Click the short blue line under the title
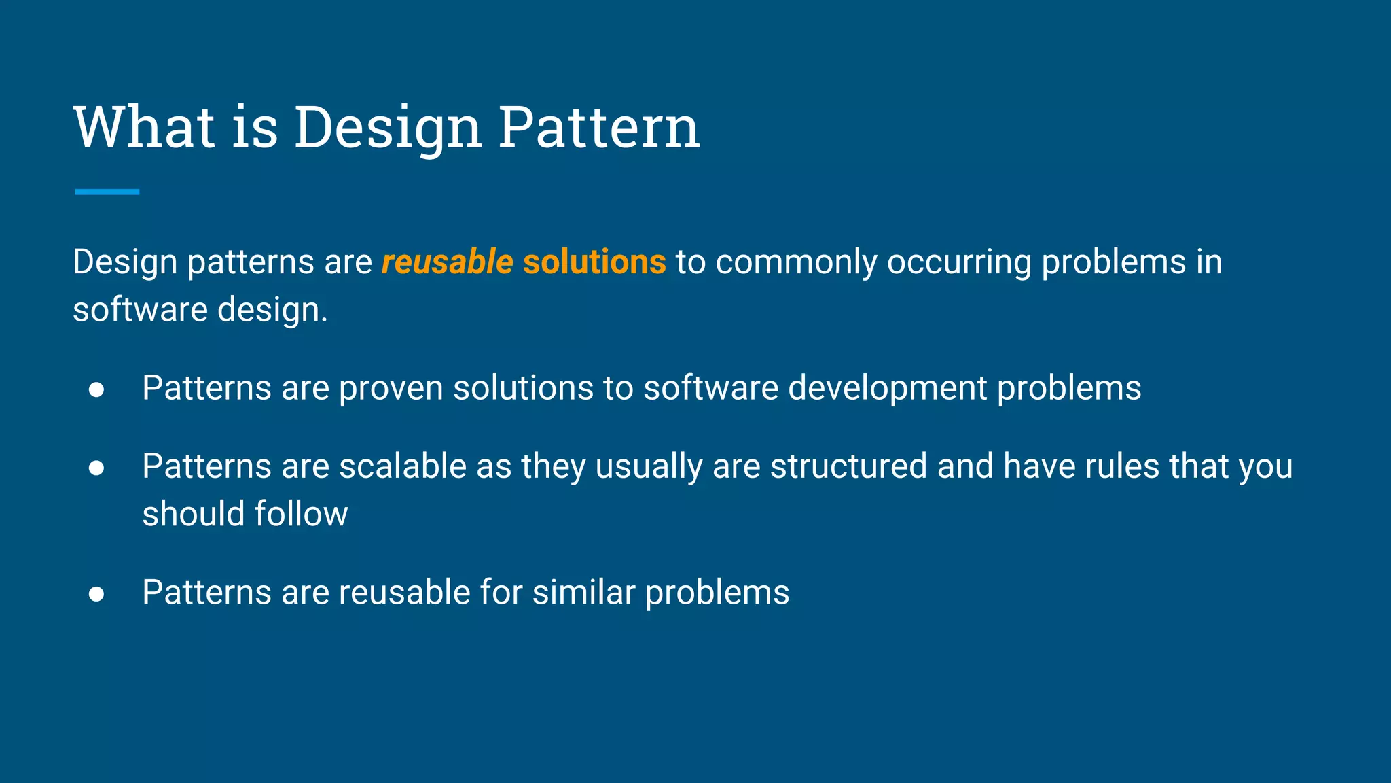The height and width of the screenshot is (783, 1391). [107, 192]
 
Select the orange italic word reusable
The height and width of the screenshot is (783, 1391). [447, 262]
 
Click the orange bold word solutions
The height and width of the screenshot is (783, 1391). [594, 262]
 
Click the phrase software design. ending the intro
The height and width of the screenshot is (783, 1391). [200, 310]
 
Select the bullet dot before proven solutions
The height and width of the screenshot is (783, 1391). [96, 389]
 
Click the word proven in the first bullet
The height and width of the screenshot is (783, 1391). [391, 389]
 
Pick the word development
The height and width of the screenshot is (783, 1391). [887, 389]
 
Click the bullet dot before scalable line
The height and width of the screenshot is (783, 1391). [96, 468]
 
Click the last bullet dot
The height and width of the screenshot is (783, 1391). [96, 594]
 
